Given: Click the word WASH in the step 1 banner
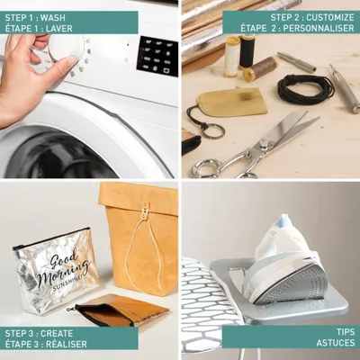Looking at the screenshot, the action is point(53,17).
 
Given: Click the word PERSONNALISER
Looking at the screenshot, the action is point(319,28).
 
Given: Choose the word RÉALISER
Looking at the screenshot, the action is point(67,344).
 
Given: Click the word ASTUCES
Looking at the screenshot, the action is point(336,343).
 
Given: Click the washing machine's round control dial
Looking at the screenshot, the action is point(65,48).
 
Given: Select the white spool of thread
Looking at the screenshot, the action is point(232,57).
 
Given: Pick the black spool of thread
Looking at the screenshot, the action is point(247,51).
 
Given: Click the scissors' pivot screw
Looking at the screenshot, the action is point(263,146).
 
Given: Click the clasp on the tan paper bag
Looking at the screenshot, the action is point(146,209).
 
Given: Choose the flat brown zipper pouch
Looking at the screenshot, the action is point(120,310).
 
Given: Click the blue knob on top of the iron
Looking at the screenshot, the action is point(283,221).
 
